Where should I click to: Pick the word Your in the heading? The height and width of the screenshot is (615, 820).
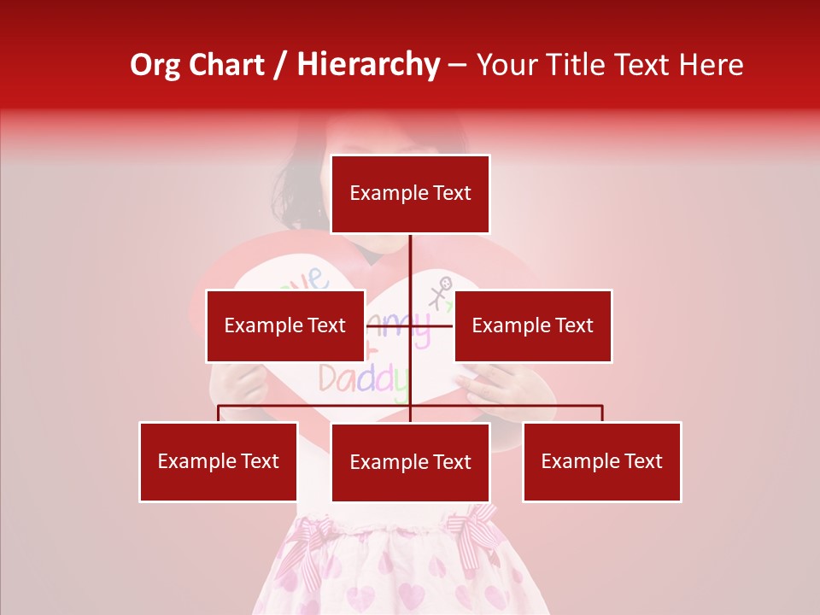510,65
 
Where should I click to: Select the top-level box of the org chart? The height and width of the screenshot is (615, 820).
410,194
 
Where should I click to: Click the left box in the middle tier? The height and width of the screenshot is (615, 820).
285,325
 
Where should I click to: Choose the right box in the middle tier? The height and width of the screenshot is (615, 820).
533,325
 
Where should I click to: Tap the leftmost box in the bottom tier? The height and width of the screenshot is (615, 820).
219,461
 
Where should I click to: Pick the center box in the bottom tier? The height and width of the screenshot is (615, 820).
410,462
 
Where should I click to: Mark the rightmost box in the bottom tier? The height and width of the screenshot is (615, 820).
602,461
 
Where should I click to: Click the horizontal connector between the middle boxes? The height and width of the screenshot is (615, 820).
431,325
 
